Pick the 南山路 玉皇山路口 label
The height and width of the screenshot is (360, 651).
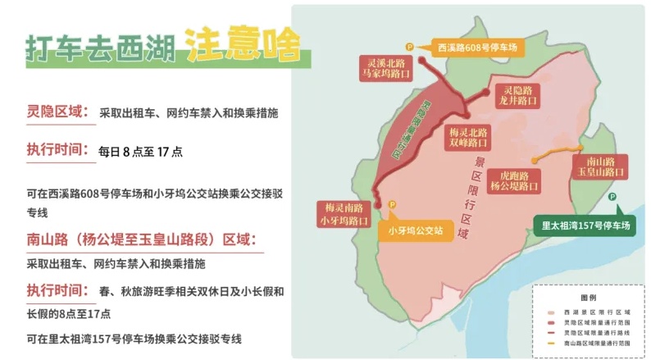tap(600, 166)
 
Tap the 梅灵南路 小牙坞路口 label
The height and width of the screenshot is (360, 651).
tap(342, 214)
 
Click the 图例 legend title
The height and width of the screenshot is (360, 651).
tap(588, 298)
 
